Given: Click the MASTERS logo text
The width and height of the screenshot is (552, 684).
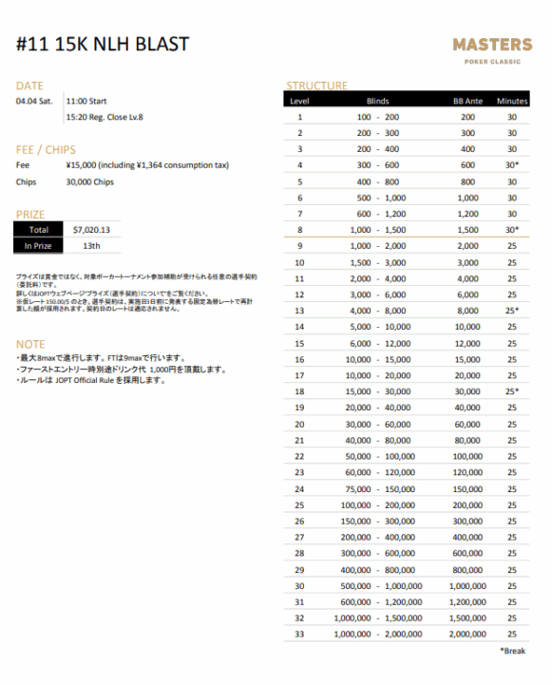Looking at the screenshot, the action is [x=491, y=45].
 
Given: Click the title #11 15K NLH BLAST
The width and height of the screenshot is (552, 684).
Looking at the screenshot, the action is [x=103, y=45].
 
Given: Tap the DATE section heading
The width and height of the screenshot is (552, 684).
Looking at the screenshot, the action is [x=29, y=85].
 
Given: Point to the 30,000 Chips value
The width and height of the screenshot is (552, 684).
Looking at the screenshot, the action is [x=89, y=181].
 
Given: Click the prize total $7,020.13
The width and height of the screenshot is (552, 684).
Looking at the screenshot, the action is [x=92, y=229].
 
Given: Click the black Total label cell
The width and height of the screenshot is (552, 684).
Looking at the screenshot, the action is [x=38, y=229].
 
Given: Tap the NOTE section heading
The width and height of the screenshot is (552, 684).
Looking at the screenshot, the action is [x=30, y=343].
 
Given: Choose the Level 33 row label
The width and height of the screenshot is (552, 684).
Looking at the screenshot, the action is [x=300, y=633].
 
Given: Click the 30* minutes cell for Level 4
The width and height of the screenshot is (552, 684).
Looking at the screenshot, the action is [x=511, y=165].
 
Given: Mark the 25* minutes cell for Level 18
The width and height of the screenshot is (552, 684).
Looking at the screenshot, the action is [x=511, y=391].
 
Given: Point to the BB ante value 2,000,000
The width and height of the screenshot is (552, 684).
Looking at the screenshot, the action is [x=467, y=633].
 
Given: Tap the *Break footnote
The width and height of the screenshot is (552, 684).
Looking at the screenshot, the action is [x=514, y=651].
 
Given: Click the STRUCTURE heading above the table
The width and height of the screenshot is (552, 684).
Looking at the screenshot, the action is [x=316, y=85].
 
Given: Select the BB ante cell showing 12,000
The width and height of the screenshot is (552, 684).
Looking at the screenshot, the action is [x=467, y=343].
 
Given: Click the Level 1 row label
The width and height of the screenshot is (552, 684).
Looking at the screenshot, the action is [x=300, y=117].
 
